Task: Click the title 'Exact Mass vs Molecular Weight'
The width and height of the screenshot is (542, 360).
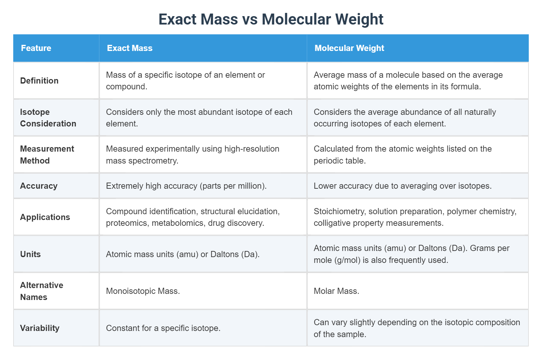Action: pyautogui.click(x=271, y=19)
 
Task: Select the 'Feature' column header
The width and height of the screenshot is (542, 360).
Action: pyautogui.click(x=36, y=48)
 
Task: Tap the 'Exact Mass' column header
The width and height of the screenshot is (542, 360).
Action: pyautogui.click(x=129, y=48)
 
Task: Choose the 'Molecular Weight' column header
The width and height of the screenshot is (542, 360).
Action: pyautogui.click(x=349, y=48)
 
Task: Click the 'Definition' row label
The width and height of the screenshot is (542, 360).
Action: pyautogui.click(x=39, y=81)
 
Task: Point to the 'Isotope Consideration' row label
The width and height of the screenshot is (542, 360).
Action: pyautogui.click(x=48, y=118)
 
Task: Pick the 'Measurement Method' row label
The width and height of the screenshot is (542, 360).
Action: pyautogui.click(x=47, y=155)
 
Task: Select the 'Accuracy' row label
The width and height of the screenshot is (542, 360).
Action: pyautogui.click(x=39, y=186)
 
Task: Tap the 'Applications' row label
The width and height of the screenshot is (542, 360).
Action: pyautogui.click(x=45, y=217)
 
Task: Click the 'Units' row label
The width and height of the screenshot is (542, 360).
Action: pyautogui.click(x=30, y=254)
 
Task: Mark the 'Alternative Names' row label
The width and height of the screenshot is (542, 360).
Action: pyautogui.click(x=41, y=291)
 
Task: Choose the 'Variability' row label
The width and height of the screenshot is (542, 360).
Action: pyautogui.click(x=40, y=328)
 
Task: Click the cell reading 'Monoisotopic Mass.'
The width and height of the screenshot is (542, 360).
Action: pyautogui.click(x=143, y=291)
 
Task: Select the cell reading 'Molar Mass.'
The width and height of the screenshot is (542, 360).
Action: pyautogui.click(x=336, y=291)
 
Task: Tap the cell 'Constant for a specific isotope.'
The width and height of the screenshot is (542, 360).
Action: pyautogui.click(x=163, y=328)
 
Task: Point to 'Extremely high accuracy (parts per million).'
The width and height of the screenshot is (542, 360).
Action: pyautogui.click(x=186, y=186)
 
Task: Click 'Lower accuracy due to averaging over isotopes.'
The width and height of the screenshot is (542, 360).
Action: pyautogui.click(x=402, y=186)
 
